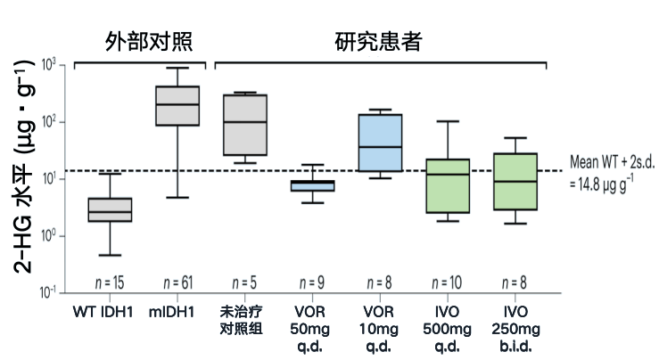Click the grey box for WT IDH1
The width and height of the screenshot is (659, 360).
(x=110, y=209)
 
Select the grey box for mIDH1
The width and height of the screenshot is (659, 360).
(x=177, y=106)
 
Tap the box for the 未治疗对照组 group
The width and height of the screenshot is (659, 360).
(x=245, y=125)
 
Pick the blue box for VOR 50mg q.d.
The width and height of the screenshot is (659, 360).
(x=313, y=185)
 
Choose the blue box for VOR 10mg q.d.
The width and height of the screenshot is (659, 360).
(x=381, y=143)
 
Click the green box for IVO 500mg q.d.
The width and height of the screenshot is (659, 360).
(x=448, y=185)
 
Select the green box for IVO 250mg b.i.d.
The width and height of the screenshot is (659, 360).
(x=515, y=182)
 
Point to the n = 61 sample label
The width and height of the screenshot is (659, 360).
(x=178, y=282)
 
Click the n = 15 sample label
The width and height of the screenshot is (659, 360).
(x=110, y=282)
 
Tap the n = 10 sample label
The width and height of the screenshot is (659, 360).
(x=447, y=282)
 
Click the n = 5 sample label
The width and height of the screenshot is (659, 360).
(x=244, y=282)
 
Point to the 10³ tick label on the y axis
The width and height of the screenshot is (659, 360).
(x=49, y=65)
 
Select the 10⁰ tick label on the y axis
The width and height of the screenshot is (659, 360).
(x=49, y=235)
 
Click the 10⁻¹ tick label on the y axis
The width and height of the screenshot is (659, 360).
(x=47, y=291)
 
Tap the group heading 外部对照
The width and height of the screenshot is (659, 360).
(x=149, y=42)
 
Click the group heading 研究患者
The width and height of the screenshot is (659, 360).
(x=378, y=42)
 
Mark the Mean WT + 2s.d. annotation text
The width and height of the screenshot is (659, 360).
(x=612, y=173)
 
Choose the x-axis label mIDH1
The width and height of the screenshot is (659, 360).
(x=171, y=312)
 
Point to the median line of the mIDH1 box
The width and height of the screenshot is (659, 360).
(x=177, y=104)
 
